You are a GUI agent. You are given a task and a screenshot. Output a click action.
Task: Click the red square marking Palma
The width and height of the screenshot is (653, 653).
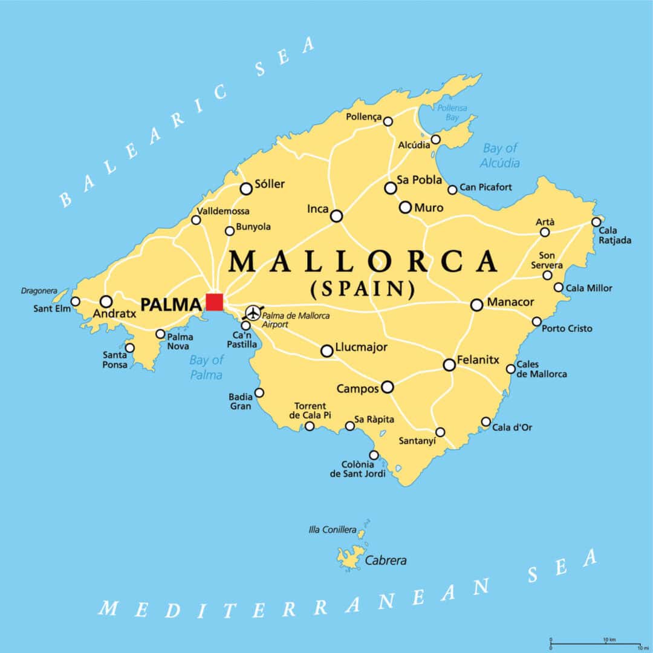coord(214,302)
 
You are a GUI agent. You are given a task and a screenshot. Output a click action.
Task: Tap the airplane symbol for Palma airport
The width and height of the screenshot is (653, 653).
coord(252,313)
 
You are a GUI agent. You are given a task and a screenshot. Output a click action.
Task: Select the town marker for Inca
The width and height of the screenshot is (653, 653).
coord(336,216)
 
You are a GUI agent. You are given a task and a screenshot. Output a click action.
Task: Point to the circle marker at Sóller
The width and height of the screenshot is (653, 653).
coord(246,189)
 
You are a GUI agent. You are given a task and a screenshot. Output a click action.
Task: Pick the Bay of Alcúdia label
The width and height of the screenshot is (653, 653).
coord(500,155)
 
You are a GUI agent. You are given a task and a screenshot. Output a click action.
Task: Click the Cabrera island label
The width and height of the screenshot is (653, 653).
coord(386,560)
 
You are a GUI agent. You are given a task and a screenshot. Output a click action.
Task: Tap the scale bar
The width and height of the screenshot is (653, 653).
coord(595,645)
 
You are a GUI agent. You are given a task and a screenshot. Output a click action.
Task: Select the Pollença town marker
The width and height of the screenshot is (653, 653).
coord(388,122)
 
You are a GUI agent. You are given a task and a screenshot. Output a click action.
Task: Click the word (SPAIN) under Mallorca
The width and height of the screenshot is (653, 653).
coord(363,289)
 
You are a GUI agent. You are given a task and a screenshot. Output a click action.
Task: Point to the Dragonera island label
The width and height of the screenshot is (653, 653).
coord(39,291)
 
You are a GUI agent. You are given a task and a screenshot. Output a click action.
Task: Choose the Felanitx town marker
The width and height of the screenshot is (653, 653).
coord(449,365)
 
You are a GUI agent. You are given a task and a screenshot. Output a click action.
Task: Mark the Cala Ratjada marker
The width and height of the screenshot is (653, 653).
coord(596,222)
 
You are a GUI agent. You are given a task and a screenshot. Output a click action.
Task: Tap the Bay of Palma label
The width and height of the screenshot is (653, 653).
coord(206,368)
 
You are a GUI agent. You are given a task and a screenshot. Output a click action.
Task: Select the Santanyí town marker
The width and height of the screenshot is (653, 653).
coord(440,432)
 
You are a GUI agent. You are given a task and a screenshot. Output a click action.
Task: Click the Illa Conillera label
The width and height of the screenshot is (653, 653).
coord(333,530)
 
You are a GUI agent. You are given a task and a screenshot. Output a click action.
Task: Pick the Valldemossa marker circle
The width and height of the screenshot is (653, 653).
coord(196,220)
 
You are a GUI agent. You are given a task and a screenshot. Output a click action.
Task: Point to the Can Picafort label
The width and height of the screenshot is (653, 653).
coord(486,187)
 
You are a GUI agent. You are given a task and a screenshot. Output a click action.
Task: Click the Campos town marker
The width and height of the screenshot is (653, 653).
coord(387,387)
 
